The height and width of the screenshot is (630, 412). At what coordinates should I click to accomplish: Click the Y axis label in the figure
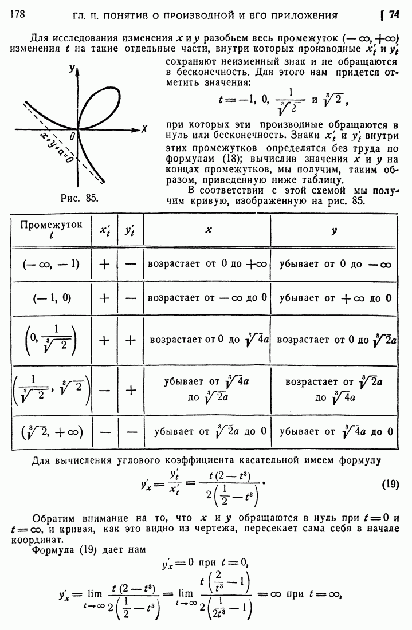(72, 69)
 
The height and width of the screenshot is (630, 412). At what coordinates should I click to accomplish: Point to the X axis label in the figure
(144, 129)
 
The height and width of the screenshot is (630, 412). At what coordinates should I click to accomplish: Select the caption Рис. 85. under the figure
(79, 198)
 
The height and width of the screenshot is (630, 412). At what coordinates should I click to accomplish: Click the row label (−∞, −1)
(51, 265)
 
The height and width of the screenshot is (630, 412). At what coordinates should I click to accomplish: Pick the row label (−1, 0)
(52, 298)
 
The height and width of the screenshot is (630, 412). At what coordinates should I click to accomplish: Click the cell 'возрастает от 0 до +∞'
(207, 265)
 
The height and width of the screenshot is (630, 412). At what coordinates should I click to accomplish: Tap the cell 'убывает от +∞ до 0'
(335, 298)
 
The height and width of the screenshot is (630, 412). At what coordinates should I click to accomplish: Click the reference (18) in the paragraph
(214, 157)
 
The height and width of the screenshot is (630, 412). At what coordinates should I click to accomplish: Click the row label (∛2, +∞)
(52, 431)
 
